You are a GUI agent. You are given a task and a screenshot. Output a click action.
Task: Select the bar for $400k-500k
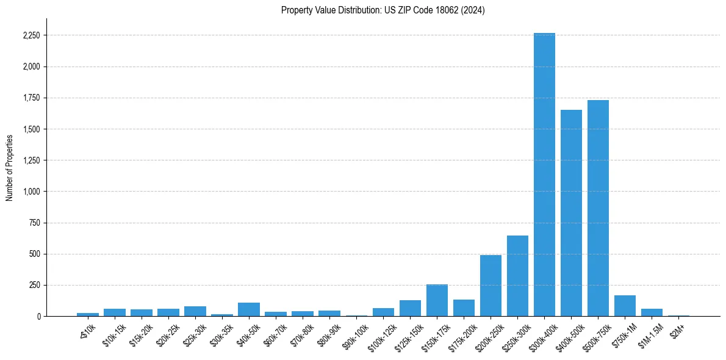pos(571,213)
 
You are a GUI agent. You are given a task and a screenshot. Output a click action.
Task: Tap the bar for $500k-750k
pos(598,208)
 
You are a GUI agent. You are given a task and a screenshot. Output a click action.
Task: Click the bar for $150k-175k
pos(437,300)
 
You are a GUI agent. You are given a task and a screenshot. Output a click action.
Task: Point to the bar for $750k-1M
pos(625,306)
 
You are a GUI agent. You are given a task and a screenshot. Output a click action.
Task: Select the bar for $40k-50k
pos(249,309)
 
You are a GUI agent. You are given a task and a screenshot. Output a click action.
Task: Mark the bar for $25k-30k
pos(195,311)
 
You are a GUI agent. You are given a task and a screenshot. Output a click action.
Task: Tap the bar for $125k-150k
pos(410,308)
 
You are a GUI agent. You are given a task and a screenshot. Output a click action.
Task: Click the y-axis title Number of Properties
pos(10,167)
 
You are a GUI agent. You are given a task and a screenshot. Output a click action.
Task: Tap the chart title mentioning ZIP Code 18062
pos(383,10)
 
